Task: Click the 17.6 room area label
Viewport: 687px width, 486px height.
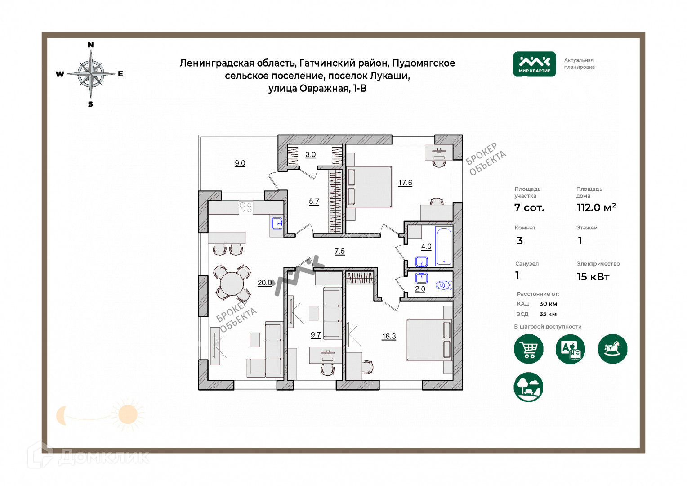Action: (x=405, y=183)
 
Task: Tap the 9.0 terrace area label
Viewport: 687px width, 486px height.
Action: (x=240, y=163)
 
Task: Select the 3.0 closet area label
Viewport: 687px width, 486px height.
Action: (x=311, y=154)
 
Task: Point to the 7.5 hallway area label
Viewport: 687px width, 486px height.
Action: (x=339, y=251)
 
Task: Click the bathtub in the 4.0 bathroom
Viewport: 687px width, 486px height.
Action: (x=443, y=247)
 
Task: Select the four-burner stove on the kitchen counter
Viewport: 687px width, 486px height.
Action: (x=245, y=207)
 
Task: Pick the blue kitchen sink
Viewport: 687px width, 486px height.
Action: (x=277, y=223)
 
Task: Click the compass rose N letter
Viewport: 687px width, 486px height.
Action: (x=91, y=45)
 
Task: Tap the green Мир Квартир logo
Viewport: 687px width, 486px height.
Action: (x=534, y=64)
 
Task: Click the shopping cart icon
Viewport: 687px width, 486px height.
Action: (x=529, y=349)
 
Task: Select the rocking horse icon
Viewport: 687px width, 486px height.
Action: (x=612, y=349)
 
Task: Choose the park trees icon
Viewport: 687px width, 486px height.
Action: (x=529, y=387)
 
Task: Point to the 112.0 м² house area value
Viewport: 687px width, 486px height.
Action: (x=596, y=207)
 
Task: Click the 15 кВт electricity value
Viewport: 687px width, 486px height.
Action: (x=593, y=277)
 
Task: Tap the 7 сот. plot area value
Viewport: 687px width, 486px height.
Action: (x=529, y=207)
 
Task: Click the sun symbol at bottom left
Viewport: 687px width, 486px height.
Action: (x=128, y=414)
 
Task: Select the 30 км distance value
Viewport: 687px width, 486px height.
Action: (x=548, y=304)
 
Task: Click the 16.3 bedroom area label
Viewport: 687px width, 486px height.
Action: (x=389, y=336)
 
